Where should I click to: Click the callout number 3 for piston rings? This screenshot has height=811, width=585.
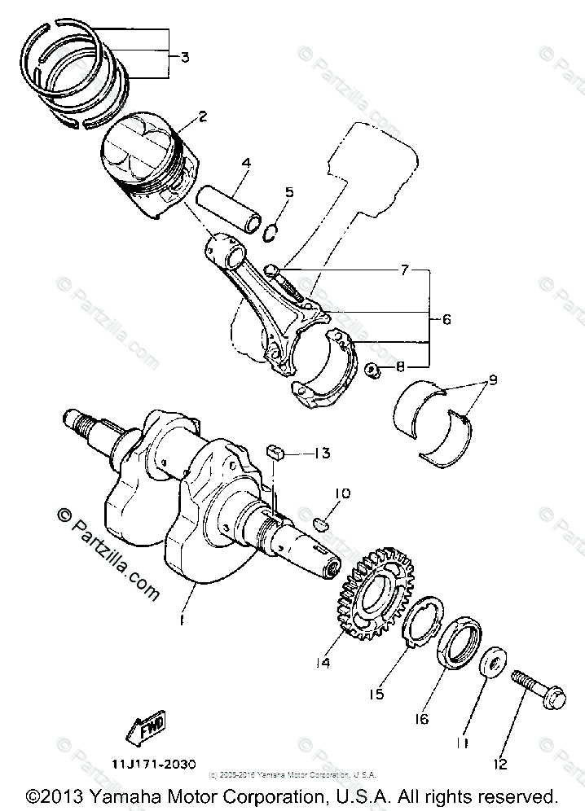pyautogui.click(x=185, y=57)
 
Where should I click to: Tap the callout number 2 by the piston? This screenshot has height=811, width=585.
pyautogui.click(x=202, y=116)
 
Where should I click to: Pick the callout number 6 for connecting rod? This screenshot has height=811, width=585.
pyautogui.click(x=446, y=320)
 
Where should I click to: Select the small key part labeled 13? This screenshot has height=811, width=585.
pyautogui.click(x=275, y=452)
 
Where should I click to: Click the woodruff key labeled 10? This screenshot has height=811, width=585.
pyautogui.click(x=322, y=522)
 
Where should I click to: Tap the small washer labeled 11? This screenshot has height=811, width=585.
pyautogui.click(x=493, y=663)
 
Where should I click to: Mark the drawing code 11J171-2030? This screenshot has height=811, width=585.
pyautogui.click(x=155, y=764)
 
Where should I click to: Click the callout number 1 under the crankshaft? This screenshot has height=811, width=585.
pyautogui.click(x=183, y=621)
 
